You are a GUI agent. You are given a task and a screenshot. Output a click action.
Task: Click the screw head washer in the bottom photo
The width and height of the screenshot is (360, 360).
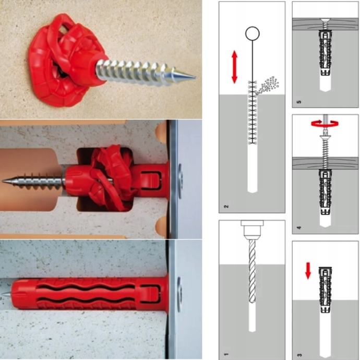pos(179,294)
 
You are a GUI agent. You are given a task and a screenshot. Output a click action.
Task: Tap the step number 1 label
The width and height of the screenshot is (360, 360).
pos(226,354)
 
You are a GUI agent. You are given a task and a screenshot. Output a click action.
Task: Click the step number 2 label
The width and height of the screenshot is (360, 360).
pos(226,207)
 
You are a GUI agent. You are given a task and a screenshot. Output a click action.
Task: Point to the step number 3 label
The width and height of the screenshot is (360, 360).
pos(299,355)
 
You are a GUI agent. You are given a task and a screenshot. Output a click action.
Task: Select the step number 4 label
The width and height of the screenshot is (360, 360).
pos(299,228)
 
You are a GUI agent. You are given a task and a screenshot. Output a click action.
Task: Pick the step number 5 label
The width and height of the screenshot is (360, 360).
pos(299,102)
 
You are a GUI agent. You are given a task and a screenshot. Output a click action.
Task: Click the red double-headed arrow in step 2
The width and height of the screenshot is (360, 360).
pos(234,67)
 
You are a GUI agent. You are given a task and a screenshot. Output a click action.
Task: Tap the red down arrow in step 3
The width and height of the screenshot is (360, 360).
pos(308,271)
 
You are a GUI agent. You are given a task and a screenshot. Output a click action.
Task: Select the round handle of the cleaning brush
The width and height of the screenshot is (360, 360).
pos(253,33)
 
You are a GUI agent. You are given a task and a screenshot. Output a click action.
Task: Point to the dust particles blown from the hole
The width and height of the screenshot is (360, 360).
pos(268,86)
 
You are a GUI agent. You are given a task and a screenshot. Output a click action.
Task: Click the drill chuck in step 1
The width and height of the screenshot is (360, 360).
pos(253,230)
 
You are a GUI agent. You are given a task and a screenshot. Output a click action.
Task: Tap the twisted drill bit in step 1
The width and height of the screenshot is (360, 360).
pos(253,271)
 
